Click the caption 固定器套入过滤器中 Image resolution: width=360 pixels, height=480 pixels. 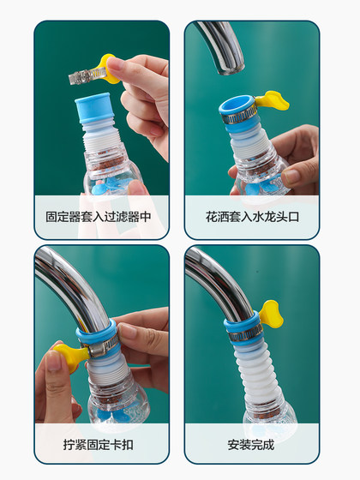tap(99, 217)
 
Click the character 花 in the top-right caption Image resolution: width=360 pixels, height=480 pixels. tap(212, 217)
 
